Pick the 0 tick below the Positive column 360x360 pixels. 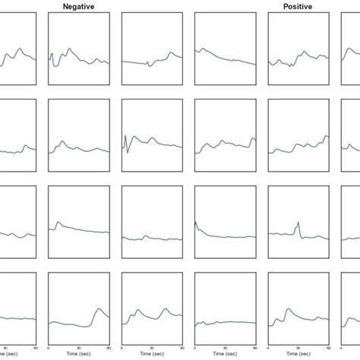pyautogui.click(x=269, y=346)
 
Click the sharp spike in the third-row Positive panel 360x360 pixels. pyautogui.click(x=298, y=222)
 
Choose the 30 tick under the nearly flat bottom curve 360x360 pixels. pyautogui.click(x=226, y=346)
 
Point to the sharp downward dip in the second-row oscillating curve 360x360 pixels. pyautogui.click(x=128, y=153)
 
